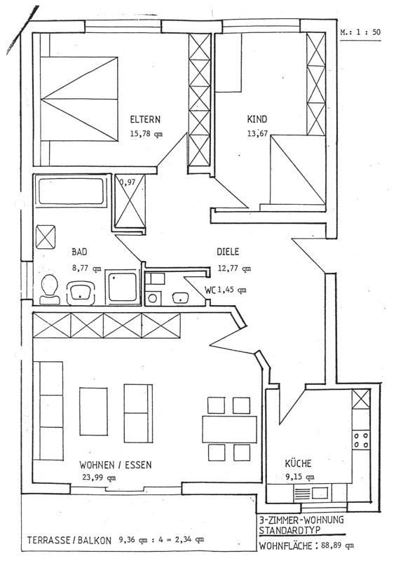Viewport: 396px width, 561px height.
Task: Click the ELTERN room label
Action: (145, 119)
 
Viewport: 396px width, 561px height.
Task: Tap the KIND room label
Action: (257, 119)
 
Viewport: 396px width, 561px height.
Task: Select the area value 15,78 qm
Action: (146, 134)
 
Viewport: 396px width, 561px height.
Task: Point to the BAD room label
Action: (79, 252)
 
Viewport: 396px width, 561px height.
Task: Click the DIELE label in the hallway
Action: (228, 252)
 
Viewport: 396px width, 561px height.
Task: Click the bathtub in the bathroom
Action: (73, 191)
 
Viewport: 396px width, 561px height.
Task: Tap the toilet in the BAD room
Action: (50, 290)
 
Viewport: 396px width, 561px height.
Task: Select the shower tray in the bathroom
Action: (123, 287)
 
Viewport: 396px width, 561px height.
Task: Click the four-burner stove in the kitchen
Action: (361, 440)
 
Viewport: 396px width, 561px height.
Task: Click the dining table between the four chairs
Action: (229, 428)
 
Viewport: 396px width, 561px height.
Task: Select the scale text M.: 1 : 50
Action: (360, 32)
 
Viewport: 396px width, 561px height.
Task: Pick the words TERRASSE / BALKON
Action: (69, 540)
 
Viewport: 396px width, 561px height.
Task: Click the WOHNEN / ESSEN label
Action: (116, 465)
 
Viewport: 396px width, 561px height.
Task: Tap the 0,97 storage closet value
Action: (128, 182)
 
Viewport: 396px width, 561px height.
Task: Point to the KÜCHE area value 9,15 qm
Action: (300, 477)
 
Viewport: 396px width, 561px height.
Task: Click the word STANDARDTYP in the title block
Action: (289, 530)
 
